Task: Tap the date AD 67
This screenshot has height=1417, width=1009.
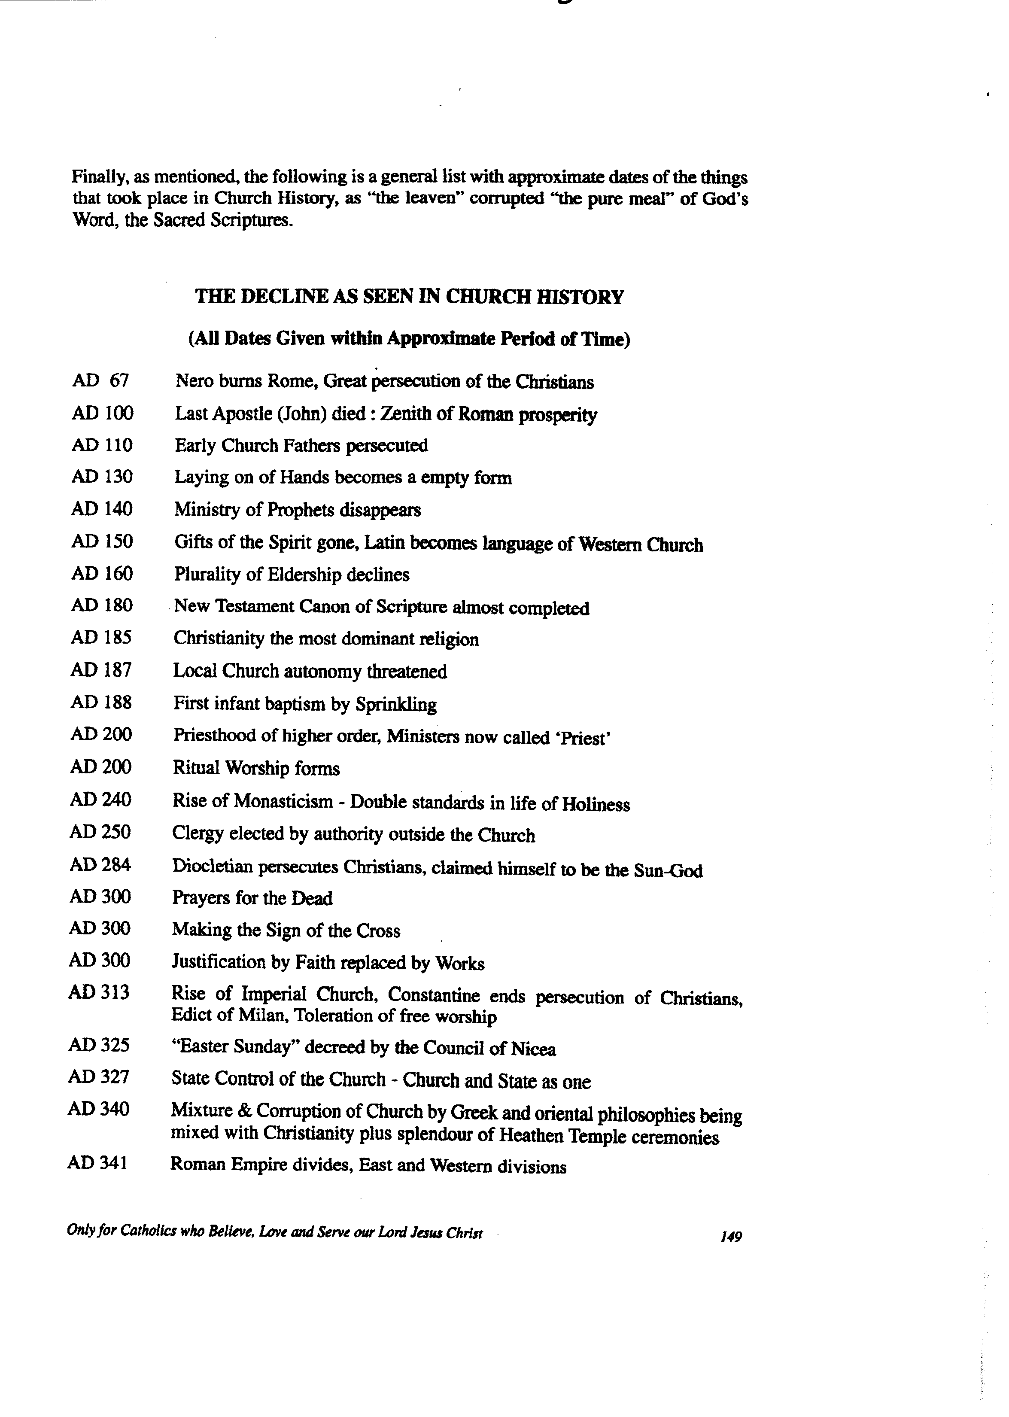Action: point(100,380)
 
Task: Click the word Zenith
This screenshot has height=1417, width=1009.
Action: point(404,414)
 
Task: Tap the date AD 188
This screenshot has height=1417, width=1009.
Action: point(101,702)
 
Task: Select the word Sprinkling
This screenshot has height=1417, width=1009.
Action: point(396,705)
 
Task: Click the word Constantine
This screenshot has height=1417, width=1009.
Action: point(434,995)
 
